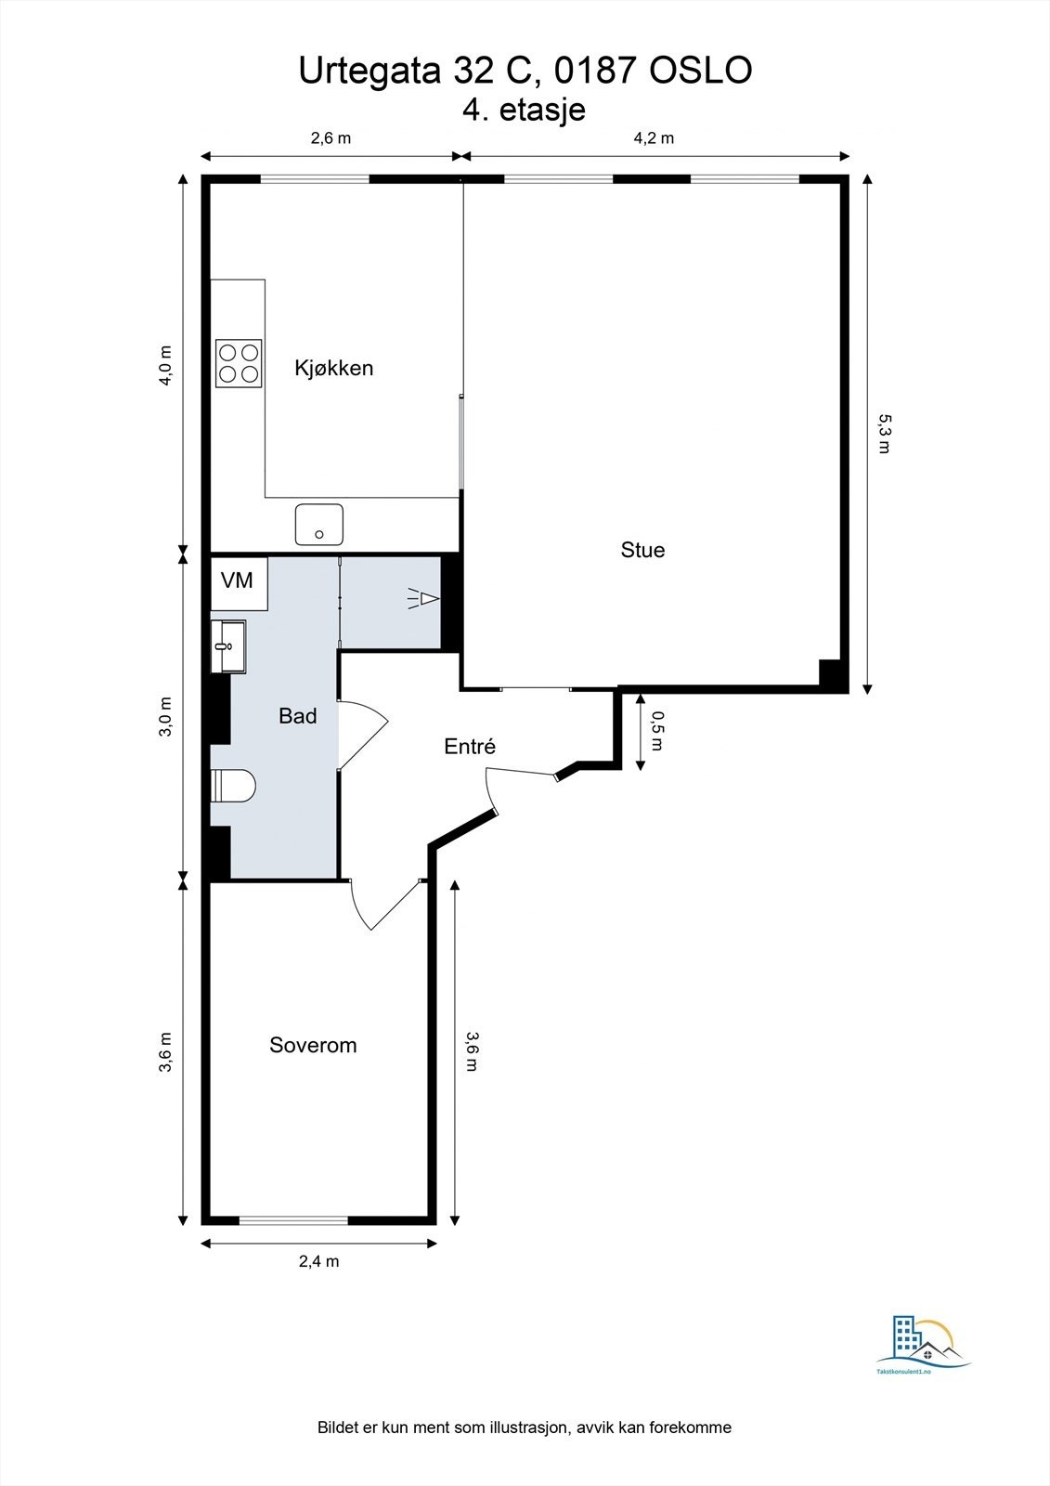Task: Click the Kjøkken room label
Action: coord(333,368)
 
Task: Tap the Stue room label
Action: coord(642,550)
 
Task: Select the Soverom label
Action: coord(313,1045)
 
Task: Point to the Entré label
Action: coord(470,747)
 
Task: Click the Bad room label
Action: coord(297,716)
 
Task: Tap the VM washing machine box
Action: coord(238,581)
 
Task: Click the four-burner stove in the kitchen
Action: coord(239,363)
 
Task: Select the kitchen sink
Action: coord(319,524)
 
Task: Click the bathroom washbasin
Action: coord(228,645)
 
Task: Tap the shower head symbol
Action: coord(422,599)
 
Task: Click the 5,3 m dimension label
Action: coord(883,434)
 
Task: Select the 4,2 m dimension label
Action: coord(654,138)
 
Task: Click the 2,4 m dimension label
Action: coord(318,1261)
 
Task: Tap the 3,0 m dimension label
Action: coord(166,716)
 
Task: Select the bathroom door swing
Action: coord(363,733)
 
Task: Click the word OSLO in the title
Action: coord(700,71)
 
